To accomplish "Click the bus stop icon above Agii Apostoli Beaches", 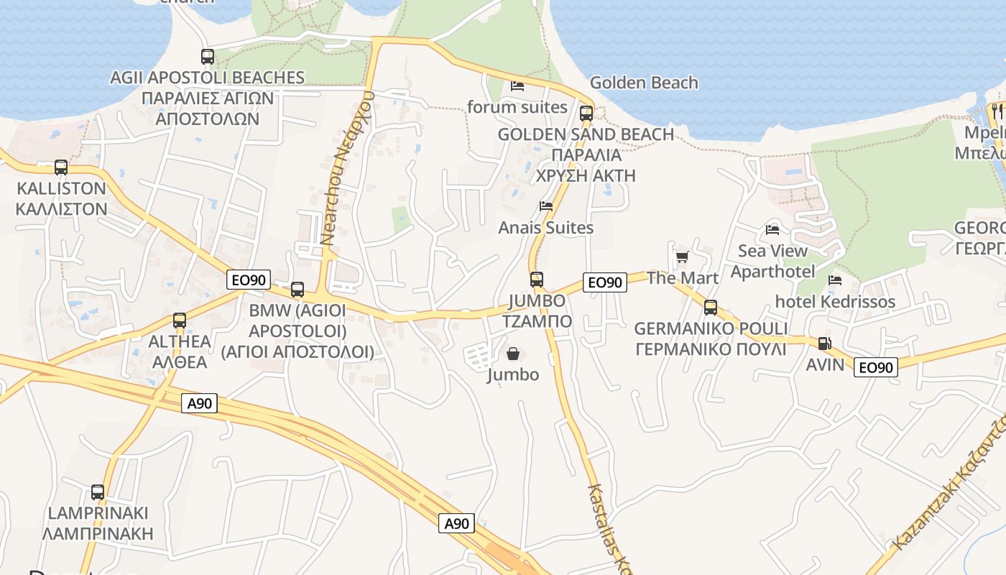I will point(208,56).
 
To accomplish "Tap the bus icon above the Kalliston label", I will point(61,167).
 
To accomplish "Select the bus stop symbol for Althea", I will point(180,321).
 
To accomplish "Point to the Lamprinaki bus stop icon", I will point(98,492).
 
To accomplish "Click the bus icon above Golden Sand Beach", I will point(586,113).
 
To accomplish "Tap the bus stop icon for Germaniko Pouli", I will point(711,308).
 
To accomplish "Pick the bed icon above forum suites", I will point(517,86).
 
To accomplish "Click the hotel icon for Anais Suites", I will point(546,206).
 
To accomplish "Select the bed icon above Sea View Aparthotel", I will point(772,229).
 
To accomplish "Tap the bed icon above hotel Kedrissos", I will point(834,280).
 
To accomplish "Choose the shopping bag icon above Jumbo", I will point(513,354).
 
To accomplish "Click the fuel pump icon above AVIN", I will point(824,344).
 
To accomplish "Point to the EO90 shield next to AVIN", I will point(876,367).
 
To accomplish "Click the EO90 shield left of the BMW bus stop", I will point(248,280).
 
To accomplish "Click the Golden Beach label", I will point(644,83).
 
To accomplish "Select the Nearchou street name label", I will point(339,168).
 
